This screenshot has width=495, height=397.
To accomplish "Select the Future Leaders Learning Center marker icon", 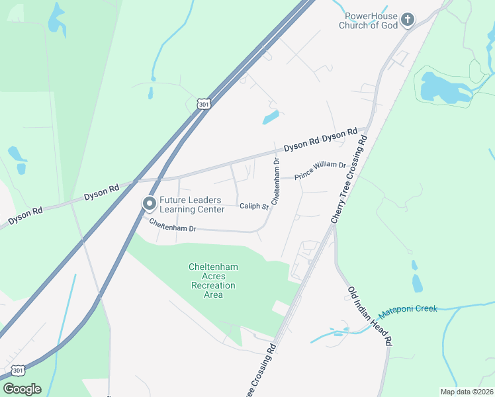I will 149,204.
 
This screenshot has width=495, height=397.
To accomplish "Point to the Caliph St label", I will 253,206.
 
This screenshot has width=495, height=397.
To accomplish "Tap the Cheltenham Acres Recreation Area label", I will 213,281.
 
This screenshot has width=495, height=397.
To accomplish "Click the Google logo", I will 22,388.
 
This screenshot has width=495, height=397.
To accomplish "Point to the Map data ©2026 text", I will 466,392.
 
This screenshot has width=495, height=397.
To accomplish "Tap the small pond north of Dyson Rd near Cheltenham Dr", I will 271,118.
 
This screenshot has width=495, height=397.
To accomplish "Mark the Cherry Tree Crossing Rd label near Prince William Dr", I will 349,178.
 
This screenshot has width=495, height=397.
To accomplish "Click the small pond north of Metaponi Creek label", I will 416,283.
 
